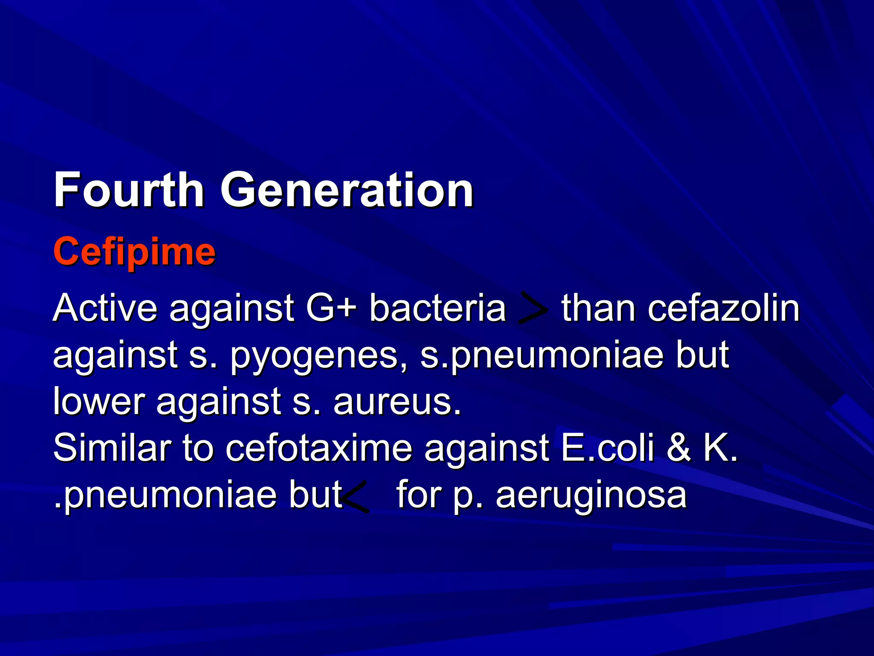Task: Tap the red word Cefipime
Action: pyautogui.click(x=134, y=252)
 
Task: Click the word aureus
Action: pyautogui.click(x=397, y=402)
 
